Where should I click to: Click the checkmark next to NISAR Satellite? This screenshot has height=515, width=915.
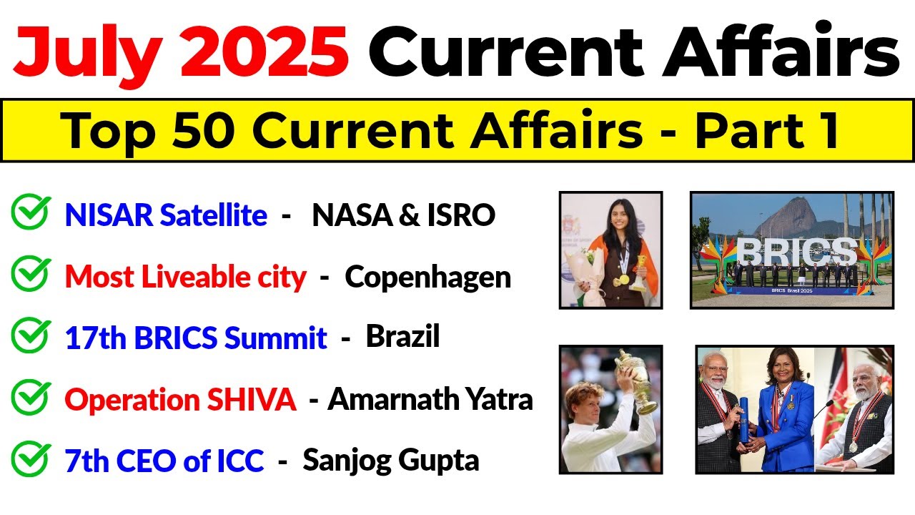coord(31,212)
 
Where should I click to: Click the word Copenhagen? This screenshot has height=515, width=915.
coord(427,277)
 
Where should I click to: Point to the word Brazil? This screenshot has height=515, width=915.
coord(402,337)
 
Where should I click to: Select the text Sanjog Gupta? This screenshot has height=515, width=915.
coord(390,460)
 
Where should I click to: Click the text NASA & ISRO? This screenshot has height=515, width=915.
coord(403,215)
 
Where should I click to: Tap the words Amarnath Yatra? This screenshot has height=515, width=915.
coord(430,399)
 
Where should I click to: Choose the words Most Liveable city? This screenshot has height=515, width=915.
coord(185,277)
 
